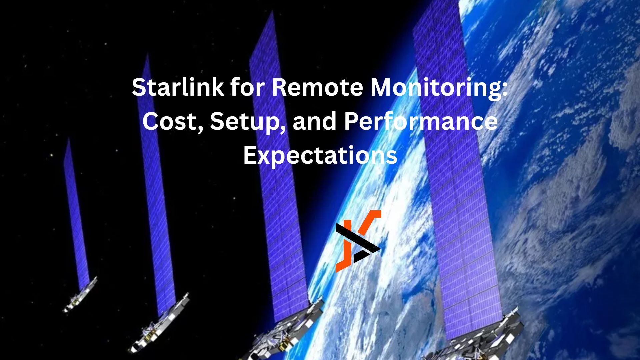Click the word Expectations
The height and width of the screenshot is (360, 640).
(x=320, y=155)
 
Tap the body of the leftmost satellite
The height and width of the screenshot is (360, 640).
(x=80, y=295)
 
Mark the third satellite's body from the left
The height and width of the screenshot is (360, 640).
(x=287, y=333)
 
